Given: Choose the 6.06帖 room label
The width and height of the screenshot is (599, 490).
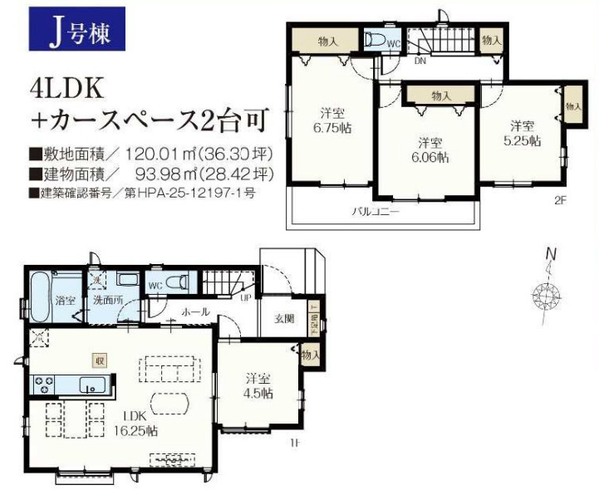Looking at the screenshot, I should [429, 149].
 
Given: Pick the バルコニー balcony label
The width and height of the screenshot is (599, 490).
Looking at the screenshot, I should [381, 212].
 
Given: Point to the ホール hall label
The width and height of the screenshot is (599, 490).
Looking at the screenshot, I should [196, 311].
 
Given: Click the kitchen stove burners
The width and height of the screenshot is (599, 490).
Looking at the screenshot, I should [43, 385].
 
